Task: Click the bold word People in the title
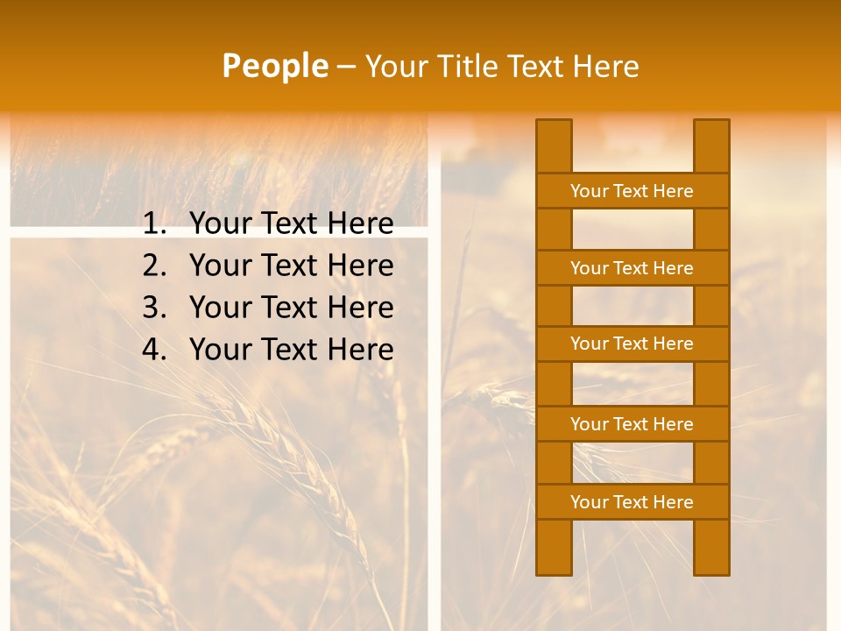pos(275,66)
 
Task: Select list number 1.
pos(154,224)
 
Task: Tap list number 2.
pos(154,266)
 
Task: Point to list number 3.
pos(154,308)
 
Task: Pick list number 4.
pos(154,350)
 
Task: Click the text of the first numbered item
pos(291,224)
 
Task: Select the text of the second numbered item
pos(291,266)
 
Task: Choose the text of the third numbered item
pos(291,308)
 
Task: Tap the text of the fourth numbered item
pos(291,350)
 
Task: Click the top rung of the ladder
pos(632,191)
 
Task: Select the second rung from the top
pos(632,268)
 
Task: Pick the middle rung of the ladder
pos(632,344)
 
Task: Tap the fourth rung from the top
pos(632,424)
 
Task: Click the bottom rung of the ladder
pos(632,502)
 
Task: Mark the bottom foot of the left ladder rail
pos(554,565)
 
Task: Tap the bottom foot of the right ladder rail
pos(711,565)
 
